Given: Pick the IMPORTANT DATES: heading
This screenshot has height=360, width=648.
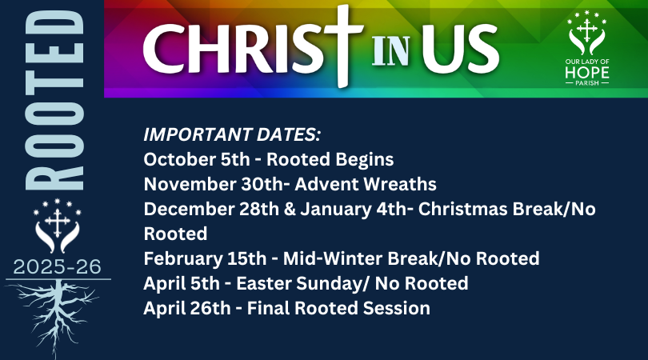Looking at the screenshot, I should click(233, 135).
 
